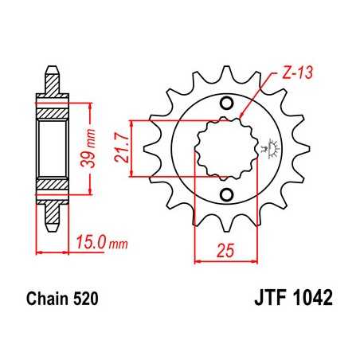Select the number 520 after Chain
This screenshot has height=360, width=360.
pos(85,302)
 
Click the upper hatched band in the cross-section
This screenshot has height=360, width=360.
pos(53,104)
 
